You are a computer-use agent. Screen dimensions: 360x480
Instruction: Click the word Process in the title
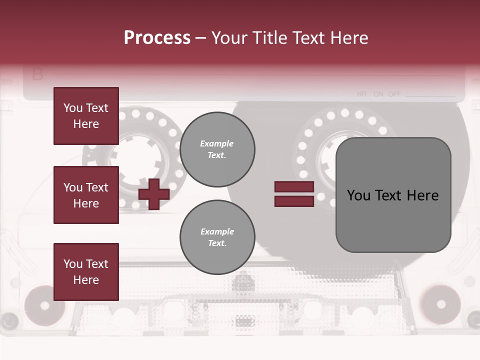[157, 38]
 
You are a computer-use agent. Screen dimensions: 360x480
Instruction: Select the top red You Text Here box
[86, 116]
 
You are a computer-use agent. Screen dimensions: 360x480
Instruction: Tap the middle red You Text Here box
[86, 195]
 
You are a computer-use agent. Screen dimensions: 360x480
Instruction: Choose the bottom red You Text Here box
[86, 271]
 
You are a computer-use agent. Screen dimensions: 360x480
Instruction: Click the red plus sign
[154, 194]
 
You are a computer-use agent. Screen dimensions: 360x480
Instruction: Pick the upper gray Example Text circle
[217, 149]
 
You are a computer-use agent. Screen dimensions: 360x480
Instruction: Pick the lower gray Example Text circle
[217, 237]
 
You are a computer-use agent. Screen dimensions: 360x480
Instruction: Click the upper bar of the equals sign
[294, 186]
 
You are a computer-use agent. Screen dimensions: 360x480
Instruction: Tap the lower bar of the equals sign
[294, 201]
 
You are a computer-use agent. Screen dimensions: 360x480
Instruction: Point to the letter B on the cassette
[37, 75]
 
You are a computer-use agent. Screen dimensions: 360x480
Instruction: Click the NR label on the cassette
[362, 94]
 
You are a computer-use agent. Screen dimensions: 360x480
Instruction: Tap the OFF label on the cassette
[394, 94]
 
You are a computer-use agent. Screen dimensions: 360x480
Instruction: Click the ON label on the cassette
[378, 94]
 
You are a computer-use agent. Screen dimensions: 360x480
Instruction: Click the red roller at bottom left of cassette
[44, 304]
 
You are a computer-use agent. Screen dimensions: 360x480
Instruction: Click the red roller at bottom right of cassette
[440, 304]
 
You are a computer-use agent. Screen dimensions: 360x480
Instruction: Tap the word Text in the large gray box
[393, 195]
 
